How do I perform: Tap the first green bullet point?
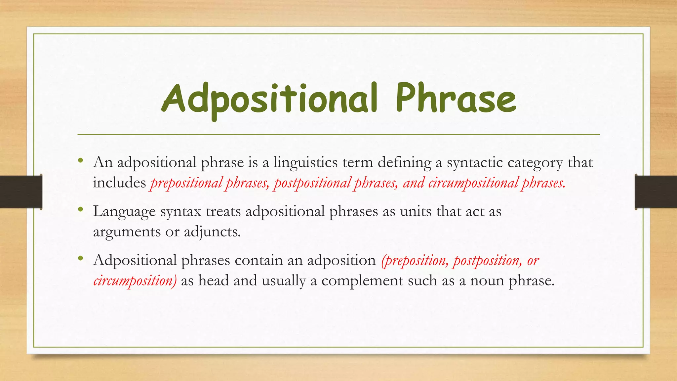81,161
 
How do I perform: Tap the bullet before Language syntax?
81,210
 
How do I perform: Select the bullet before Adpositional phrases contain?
81,259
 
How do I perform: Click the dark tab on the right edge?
656,192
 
